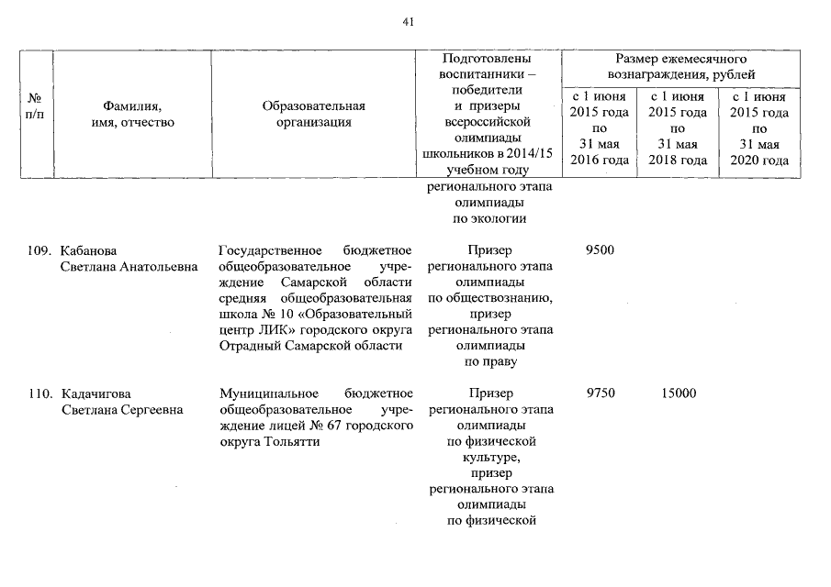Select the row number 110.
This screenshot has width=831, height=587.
coord(40,393)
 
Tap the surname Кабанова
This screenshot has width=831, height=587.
coord(90,250)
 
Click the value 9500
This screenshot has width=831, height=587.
coord(600,250)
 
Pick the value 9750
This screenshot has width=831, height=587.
coord(600,393)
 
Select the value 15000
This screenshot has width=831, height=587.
coord(678,393)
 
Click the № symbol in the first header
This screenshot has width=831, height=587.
coord(37,97)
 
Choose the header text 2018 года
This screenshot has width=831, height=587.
coord(678,161)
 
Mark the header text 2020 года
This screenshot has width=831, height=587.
coord(758,161)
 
